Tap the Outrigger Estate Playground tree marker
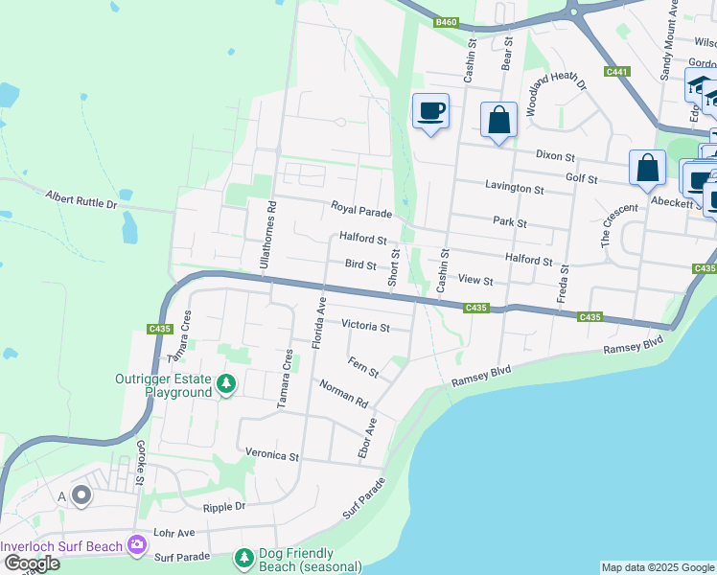(x=225, y=384)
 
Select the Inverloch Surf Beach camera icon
(x=137, y=545)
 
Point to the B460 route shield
(x=446, y=22)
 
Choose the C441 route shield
(x=617, y=71)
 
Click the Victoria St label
(x=365, y=327)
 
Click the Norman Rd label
(x=343, y=391)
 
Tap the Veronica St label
(x=273, y=455)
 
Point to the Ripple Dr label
(x=224, y=506)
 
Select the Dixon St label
(x=555, y=155)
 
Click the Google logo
(x=31, y=564)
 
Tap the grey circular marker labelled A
(x=81, y=495)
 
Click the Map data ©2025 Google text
(x=657, y=567)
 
